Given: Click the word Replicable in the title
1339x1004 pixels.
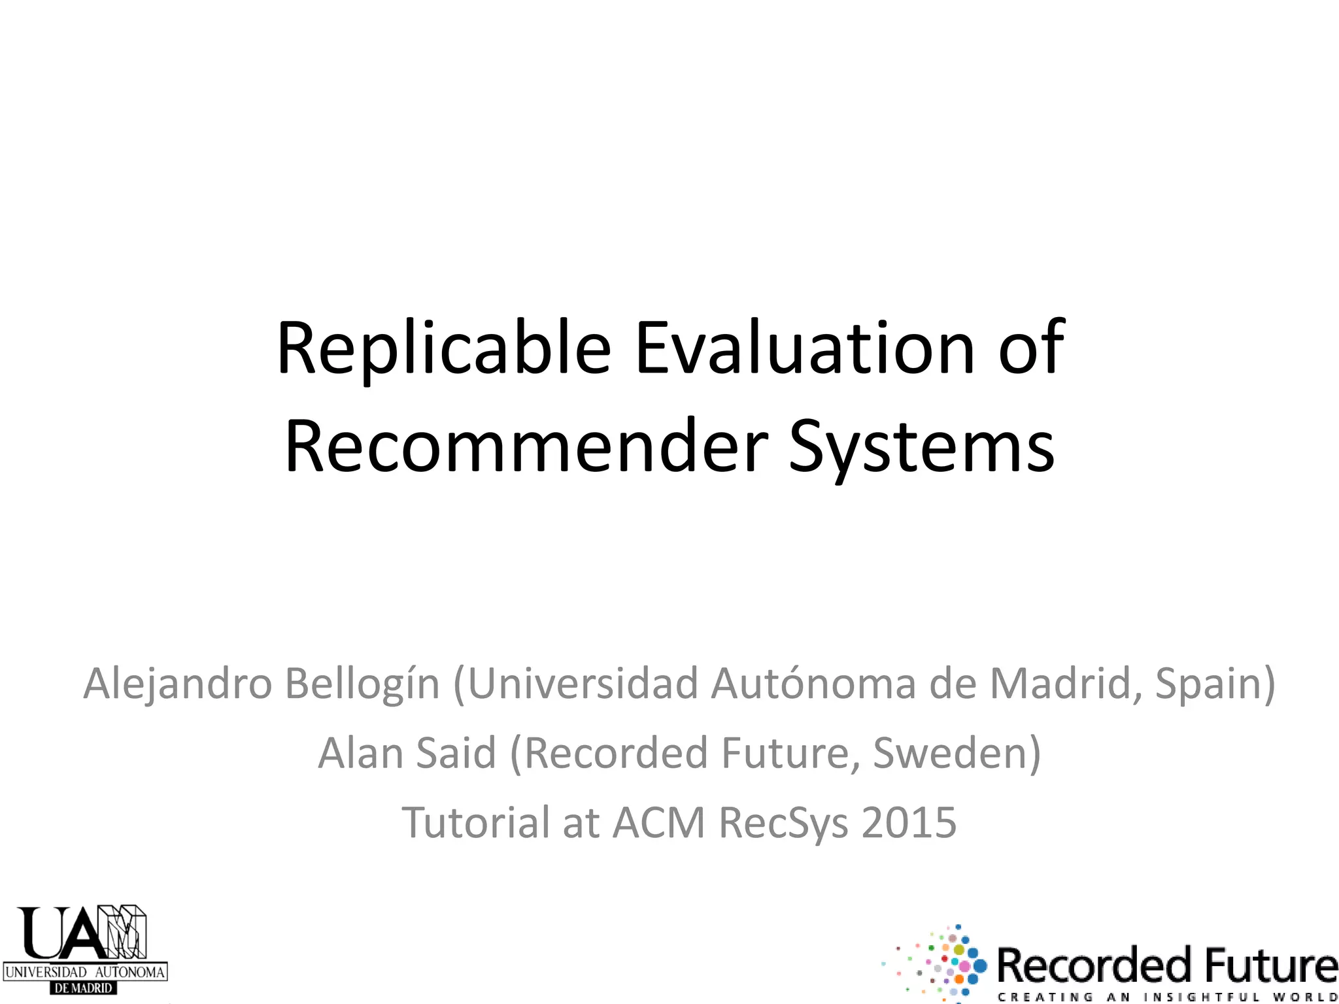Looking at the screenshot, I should pyautogui.click(x=443, y=349).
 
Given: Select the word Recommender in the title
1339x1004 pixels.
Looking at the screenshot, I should pyautogui.click(x=526, y=447).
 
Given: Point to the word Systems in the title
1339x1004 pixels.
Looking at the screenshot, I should pyautogui.click(x=922, y=447).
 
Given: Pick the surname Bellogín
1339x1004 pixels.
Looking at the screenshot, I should pyautogui.click(x=362, y=684).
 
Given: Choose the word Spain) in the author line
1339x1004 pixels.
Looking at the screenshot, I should pyautogui.click(x=1215, y=684).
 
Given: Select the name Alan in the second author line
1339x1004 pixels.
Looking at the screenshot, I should pyautogui.click(x=360, y=754).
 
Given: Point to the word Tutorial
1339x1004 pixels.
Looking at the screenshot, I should pyautogui.click(x=475, y=823).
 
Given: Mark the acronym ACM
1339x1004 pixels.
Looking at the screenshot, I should pyautogui.click(x=659, y=823).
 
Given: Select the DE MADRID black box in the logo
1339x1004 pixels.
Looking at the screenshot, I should pyautogui.click(x=84, y=988).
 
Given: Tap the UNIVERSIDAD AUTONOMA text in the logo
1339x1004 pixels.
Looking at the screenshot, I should pyautogui.click(x=85, y=972).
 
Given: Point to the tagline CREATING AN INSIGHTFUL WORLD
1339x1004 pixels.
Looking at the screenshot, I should pyautogui.click(x=1167, y=997).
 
